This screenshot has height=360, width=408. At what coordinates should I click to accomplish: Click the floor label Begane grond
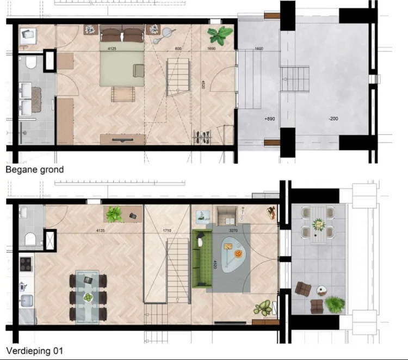coord(34,169)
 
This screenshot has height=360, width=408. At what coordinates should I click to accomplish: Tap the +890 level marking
coord(269,118)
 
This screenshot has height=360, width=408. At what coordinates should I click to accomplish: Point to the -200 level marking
coord(332,118)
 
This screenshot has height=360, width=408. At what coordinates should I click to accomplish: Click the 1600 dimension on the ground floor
coord(259,49)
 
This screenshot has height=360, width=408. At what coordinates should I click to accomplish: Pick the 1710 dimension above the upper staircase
coord(167,231)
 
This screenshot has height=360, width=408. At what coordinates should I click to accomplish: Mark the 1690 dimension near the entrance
coord(212,49)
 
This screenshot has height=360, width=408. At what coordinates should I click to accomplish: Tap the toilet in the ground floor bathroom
coord(30,64)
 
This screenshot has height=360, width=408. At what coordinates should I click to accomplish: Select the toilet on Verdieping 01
coord(30,238)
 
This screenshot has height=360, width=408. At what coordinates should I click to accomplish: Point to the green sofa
coord(201,259)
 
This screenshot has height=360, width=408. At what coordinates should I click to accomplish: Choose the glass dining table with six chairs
coord(88,297)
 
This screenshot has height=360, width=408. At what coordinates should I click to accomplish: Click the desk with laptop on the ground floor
coord(28,36)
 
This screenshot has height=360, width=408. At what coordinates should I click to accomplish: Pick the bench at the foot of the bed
coord(122,94)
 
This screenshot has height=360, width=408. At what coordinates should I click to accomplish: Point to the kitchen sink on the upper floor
coord(26,301)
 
